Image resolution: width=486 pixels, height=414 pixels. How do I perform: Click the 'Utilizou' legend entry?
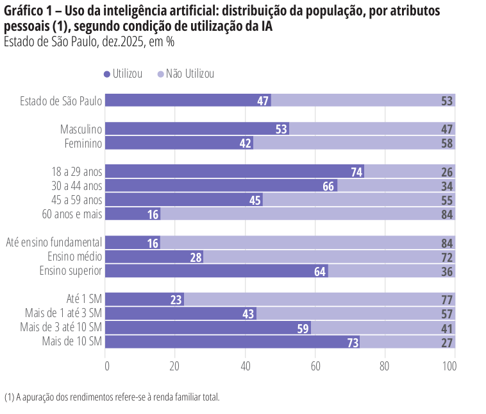coord(127,74)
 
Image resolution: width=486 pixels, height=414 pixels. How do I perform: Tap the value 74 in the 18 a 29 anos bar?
coord(357,171)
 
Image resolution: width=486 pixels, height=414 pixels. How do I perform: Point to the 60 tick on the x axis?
coord(315,366)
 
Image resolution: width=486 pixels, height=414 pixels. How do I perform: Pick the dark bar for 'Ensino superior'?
coord(216,271)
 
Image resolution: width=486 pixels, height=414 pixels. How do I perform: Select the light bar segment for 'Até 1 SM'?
coord(319,299)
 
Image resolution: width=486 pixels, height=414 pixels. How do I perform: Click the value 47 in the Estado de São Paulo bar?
coord(263,101)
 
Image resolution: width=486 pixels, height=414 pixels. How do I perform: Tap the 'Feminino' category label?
coord(83,143)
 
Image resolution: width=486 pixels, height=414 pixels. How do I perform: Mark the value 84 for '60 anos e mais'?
coord(448,214)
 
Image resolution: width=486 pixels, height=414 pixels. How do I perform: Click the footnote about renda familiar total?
coord(112,397)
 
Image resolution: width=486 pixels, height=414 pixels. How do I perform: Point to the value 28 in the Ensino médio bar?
coord(196,257)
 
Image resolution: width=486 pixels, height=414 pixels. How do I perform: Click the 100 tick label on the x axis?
coord(449,366)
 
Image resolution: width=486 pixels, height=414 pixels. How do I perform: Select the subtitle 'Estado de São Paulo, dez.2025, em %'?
coord(89,42)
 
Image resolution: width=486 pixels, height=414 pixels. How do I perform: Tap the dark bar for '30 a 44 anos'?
coord(221,185)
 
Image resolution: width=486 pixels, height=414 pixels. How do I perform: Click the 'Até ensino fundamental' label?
coord(54,242)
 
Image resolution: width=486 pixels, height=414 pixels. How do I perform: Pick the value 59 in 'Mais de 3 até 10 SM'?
coord(303,328)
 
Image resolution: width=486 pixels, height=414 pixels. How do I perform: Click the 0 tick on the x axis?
coord(106,366)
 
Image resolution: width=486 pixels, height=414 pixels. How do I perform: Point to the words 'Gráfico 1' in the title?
coord(26,13)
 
